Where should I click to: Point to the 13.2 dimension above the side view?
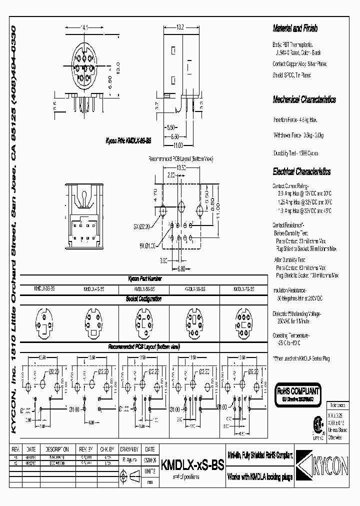coord(181,27)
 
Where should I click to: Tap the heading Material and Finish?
coord(295,28)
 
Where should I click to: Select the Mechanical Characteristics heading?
coord(304,99)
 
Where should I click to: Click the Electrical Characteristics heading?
coord(301,171)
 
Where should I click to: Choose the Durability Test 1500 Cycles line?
coord(296,153)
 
